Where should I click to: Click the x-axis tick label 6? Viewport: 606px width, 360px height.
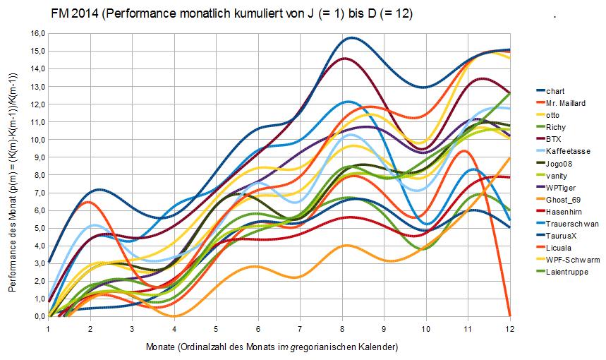258,328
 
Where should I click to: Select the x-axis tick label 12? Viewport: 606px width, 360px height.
509,328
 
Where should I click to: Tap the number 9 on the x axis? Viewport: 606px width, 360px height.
384,328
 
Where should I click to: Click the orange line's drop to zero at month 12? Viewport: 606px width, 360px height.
509,315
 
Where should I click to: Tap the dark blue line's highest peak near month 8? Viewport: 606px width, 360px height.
350,38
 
